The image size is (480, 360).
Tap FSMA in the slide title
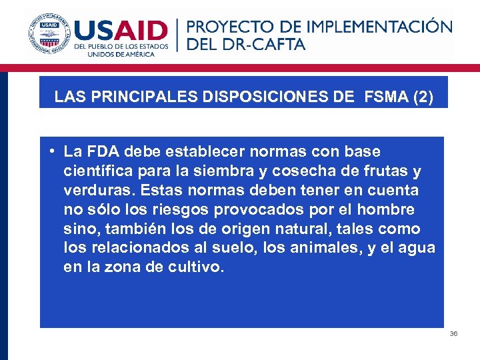[386, 97]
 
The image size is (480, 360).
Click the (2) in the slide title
[423, 97]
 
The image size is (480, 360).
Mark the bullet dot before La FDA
[51, 151]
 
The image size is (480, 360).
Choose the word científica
[95, 171]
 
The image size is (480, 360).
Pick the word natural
[283, 229]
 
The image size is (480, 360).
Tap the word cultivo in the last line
[199, 268]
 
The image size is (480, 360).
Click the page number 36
[453, 333]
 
